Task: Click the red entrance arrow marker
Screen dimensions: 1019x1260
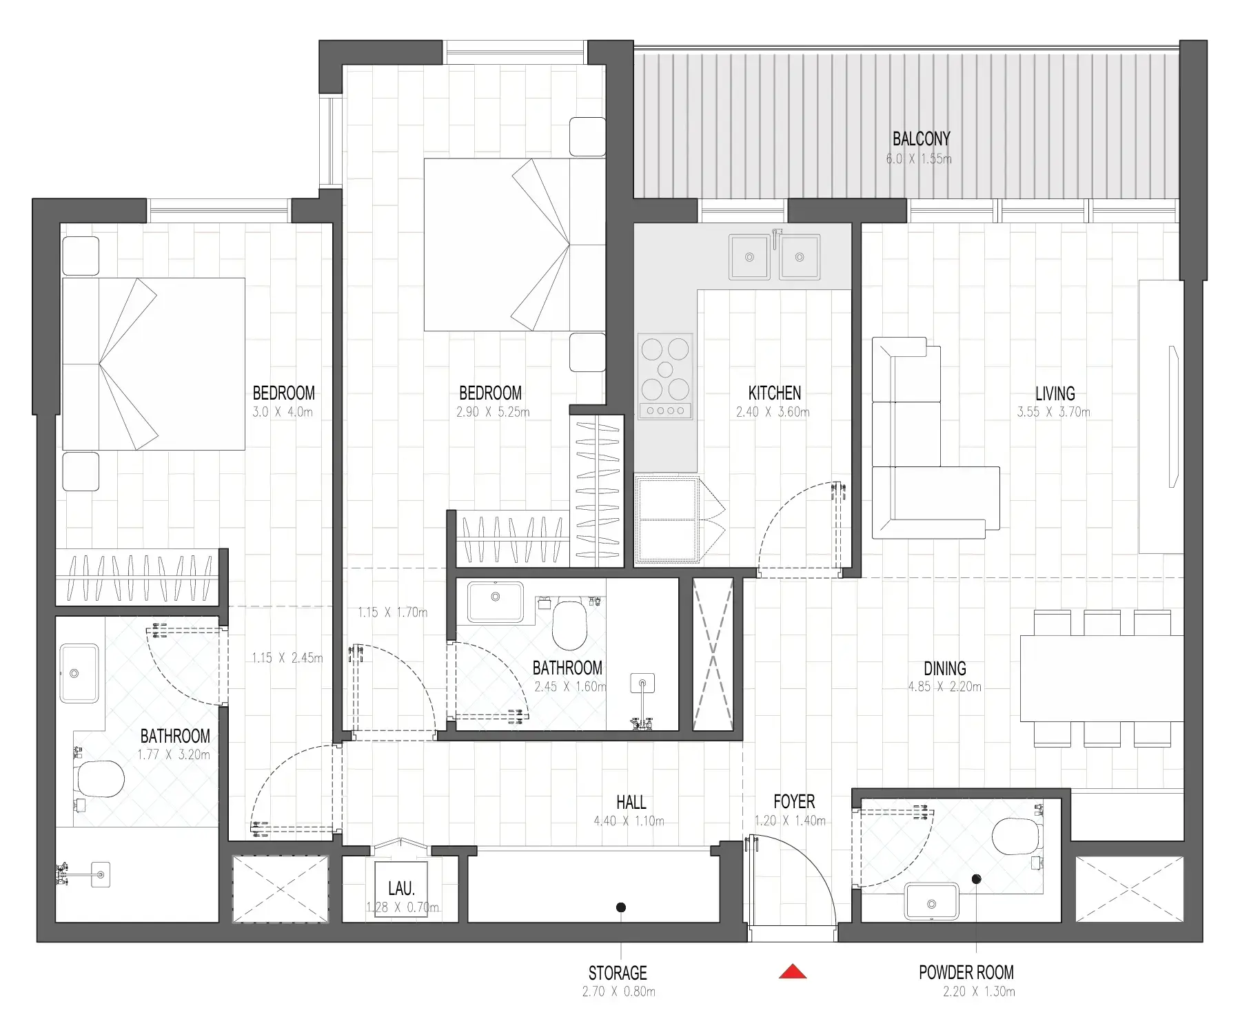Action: [793, 971]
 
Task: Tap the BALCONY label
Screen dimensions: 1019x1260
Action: [921, 139]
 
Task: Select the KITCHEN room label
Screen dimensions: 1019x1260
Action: [774, 393]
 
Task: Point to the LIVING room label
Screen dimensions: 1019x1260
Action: [1055, 394]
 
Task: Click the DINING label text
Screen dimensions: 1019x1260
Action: [944, 668]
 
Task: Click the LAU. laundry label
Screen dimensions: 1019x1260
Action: [401, 889]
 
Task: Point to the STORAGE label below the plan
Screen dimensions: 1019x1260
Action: [618, 974]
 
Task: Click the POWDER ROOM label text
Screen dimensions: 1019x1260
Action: [966, 973]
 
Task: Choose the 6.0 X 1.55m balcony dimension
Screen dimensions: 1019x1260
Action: [919, 159]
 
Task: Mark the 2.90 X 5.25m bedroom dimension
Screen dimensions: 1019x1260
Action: [492, 413]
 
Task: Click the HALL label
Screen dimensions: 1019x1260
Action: [631, 802]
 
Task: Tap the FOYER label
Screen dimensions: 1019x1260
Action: [794, 802]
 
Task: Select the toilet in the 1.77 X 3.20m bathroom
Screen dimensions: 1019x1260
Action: [101, 779]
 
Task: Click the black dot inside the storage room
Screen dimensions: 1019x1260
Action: [621, 907]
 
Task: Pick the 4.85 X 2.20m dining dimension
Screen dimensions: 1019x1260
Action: [944, 687]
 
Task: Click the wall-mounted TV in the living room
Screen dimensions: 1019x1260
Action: [1173, 417]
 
